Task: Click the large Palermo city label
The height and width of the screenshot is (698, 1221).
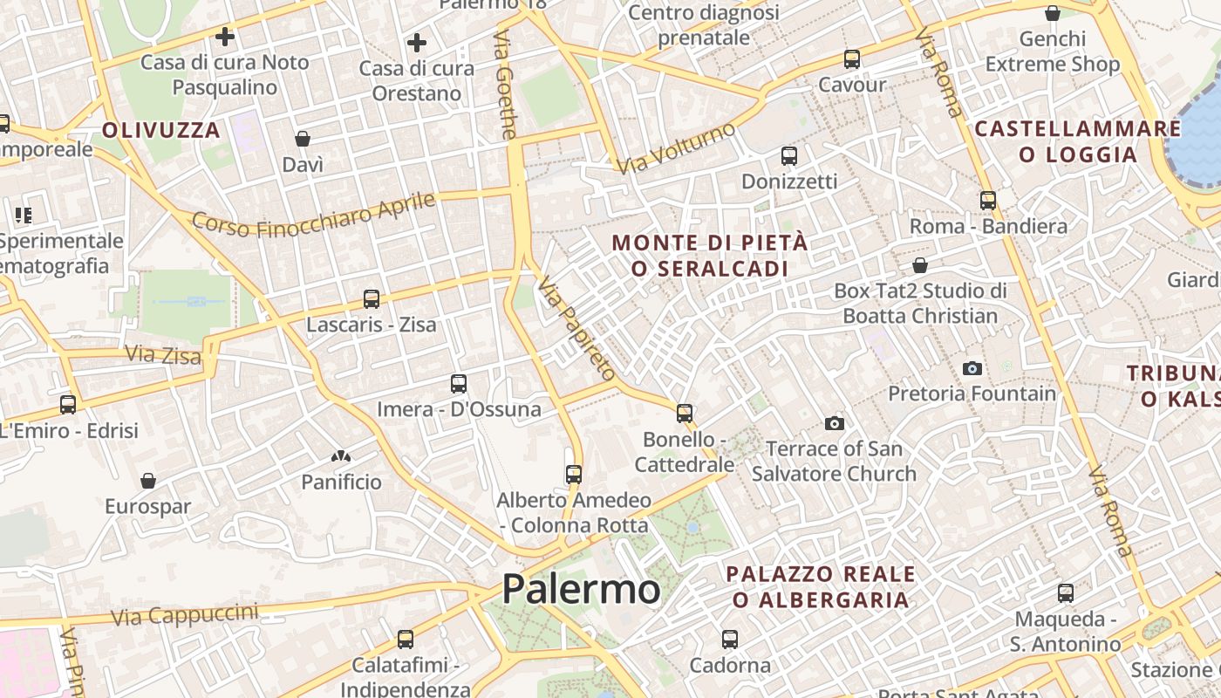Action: (x=581, y=589)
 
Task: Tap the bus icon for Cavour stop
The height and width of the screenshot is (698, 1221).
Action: (x=852, y=59)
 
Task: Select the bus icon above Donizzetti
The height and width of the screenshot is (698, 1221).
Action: (x=789, y=156)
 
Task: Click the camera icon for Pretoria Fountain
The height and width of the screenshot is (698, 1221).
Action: (x=972, y=368)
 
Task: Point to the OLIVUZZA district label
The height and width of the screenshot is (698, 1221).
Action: (x=161, y=130)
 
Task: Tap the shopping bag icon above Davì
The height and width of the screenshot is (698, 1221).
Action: (x=303, y=139)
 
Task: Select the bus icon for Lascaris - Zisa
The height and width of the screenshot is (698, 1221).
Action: (x=372, y=299)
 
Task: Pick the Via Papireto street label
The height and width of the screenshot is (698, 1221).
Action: (x=576, y=328)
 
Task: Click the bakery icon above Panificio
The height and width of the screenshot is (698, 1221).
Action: (x=341, y=456)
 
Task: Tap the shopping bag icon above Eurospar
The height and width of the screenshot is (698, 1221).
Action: (x=148, y=481)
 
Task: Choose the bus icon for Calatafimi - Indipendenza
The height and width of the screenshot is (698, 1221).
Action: (x=406, y=640)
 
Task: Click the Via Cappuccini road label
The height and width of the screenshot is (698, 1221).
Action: (x=185, y=615)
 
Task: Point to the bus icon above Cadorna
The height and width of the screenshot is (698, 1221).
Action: (x=730, y=640)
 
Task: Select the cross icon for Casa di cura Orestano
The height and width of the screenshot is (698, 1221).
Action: (x=417, y=42)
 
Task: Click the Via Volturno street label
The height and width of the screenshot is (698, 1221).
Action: (x=676, y=148)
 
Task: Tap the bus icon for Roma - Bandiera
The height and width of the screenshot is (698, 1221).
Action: (x=988, y=201)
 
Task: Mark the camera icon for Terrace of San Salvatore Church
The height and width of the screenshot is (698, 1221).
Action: (x=835, y=423)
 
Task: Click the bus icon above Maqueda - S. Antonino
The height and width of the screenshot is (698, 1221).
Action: (x=1066, y=593)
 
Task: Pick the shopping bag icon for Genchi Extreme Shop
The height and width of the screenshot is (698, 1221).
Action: (x=1053, y=13)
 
